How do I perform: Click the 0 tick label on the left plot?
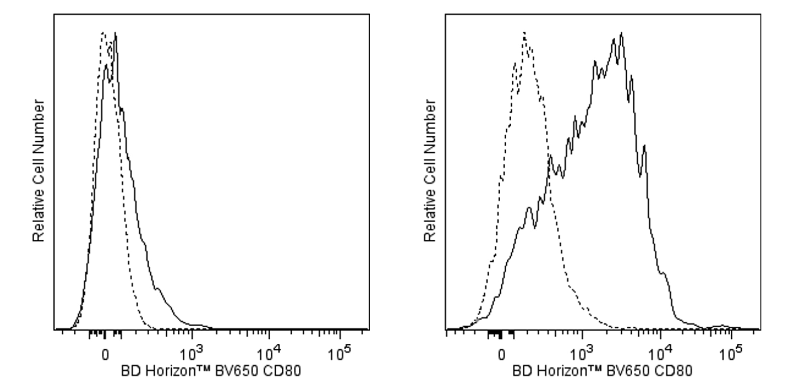point(104,355)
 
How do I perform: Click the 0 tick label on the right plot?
point(501,355)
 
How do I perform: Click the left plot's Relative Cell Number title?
point(39,171)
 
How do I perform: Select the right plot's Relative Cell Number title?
point(430,171)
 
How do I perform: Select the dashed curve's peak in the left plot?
point(103,33)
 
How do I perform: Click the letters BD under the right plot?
point(520,372)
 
